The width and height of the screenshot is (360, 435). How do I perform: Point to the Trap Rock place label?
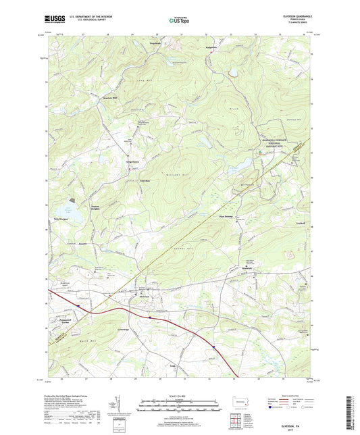155,44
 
